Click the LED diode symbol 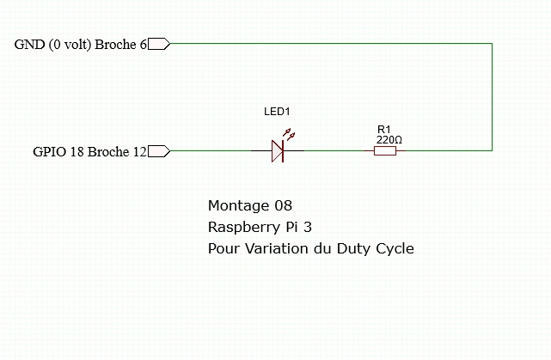(x=277, y=151)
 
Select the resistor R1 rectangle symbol (x=384, y=151)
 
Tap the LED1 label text (x=277, y=113)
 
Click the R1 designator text (x=383, y=129)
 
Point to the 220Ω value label (x=389, y=138)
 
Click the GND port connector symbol (x=159, y=45)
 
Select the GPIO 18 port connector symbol (x=159, y=152)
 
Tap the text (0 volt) (x=69, y=45)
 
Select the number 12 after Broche (x=139, y=152)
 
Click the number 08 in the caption (x=283, y=206)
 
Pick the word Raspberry (x=241, y=229)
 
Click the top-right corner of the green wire (x=493, y=44)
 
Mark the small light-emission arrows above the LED (x=289, y=135)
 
